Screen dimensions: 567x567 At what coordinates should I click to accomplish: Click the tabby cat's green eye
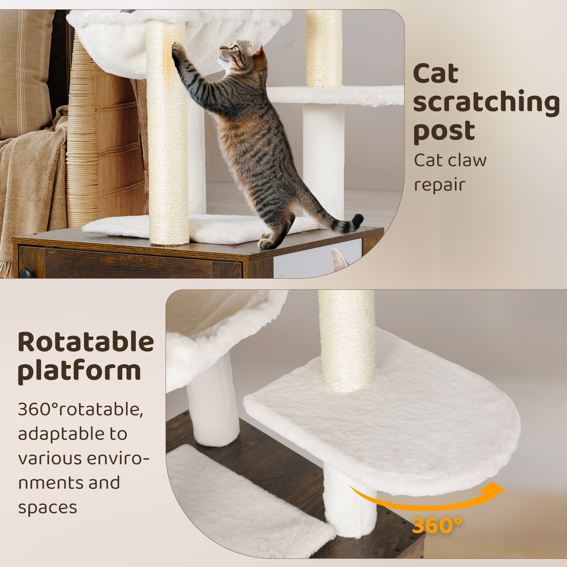point(235,48)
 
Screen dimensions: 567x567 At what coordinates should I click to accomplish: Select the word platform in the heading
point(79,371)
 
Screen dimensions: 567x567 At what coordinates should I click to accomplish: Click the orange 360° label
point(437,525)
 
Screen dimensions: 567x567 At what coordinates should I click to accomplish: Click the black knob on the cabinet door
point(27,274)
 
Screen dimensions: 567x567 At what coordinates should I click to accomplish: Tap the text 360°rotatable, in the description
point(80,410)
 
